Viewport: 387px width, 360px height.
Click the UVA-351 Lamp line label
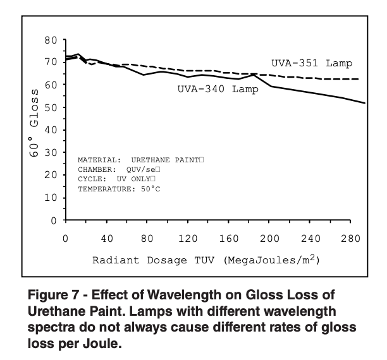(312, 63)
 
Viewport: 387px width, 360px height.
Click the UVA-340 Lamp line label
(218, 89)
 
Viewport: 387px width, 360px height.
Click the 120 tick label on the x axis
(188, 239)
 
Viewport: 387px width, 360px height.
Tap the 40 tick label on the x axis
(106, 239)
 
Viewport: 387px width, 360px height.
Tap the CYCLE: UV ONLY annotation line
(116, 179)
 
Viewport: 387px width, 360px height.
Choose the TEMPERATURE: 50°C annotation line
(118, 189)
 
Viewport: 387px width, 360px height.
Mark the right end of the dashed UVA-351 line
(359, 79)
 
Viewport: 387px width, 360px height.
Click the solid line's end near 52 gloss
(364, 103)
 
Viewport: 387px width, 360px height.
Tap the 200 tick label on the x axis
(270, 239)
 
